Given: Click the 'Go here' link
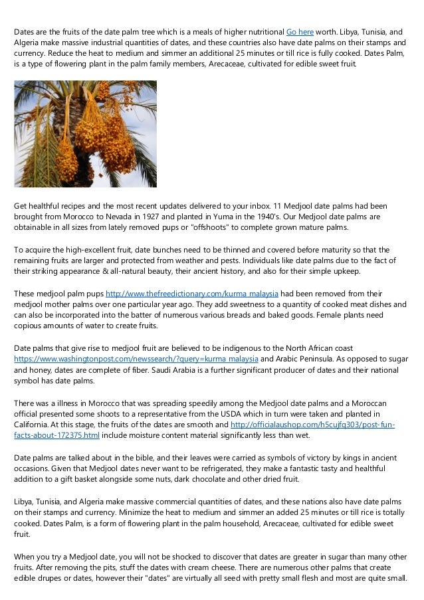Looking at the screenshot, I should (300, 31).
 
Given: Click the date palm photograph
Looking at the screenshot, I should (85, 134).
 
